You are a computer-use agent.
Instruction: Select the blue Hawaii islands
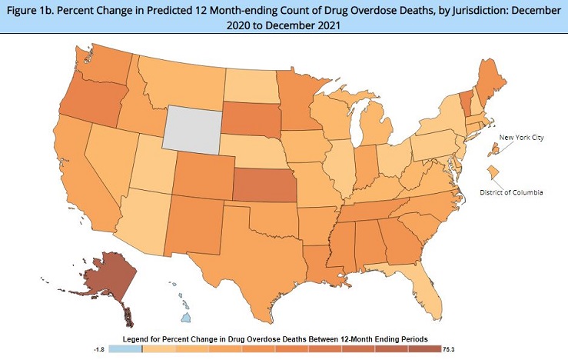[184, 315]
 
